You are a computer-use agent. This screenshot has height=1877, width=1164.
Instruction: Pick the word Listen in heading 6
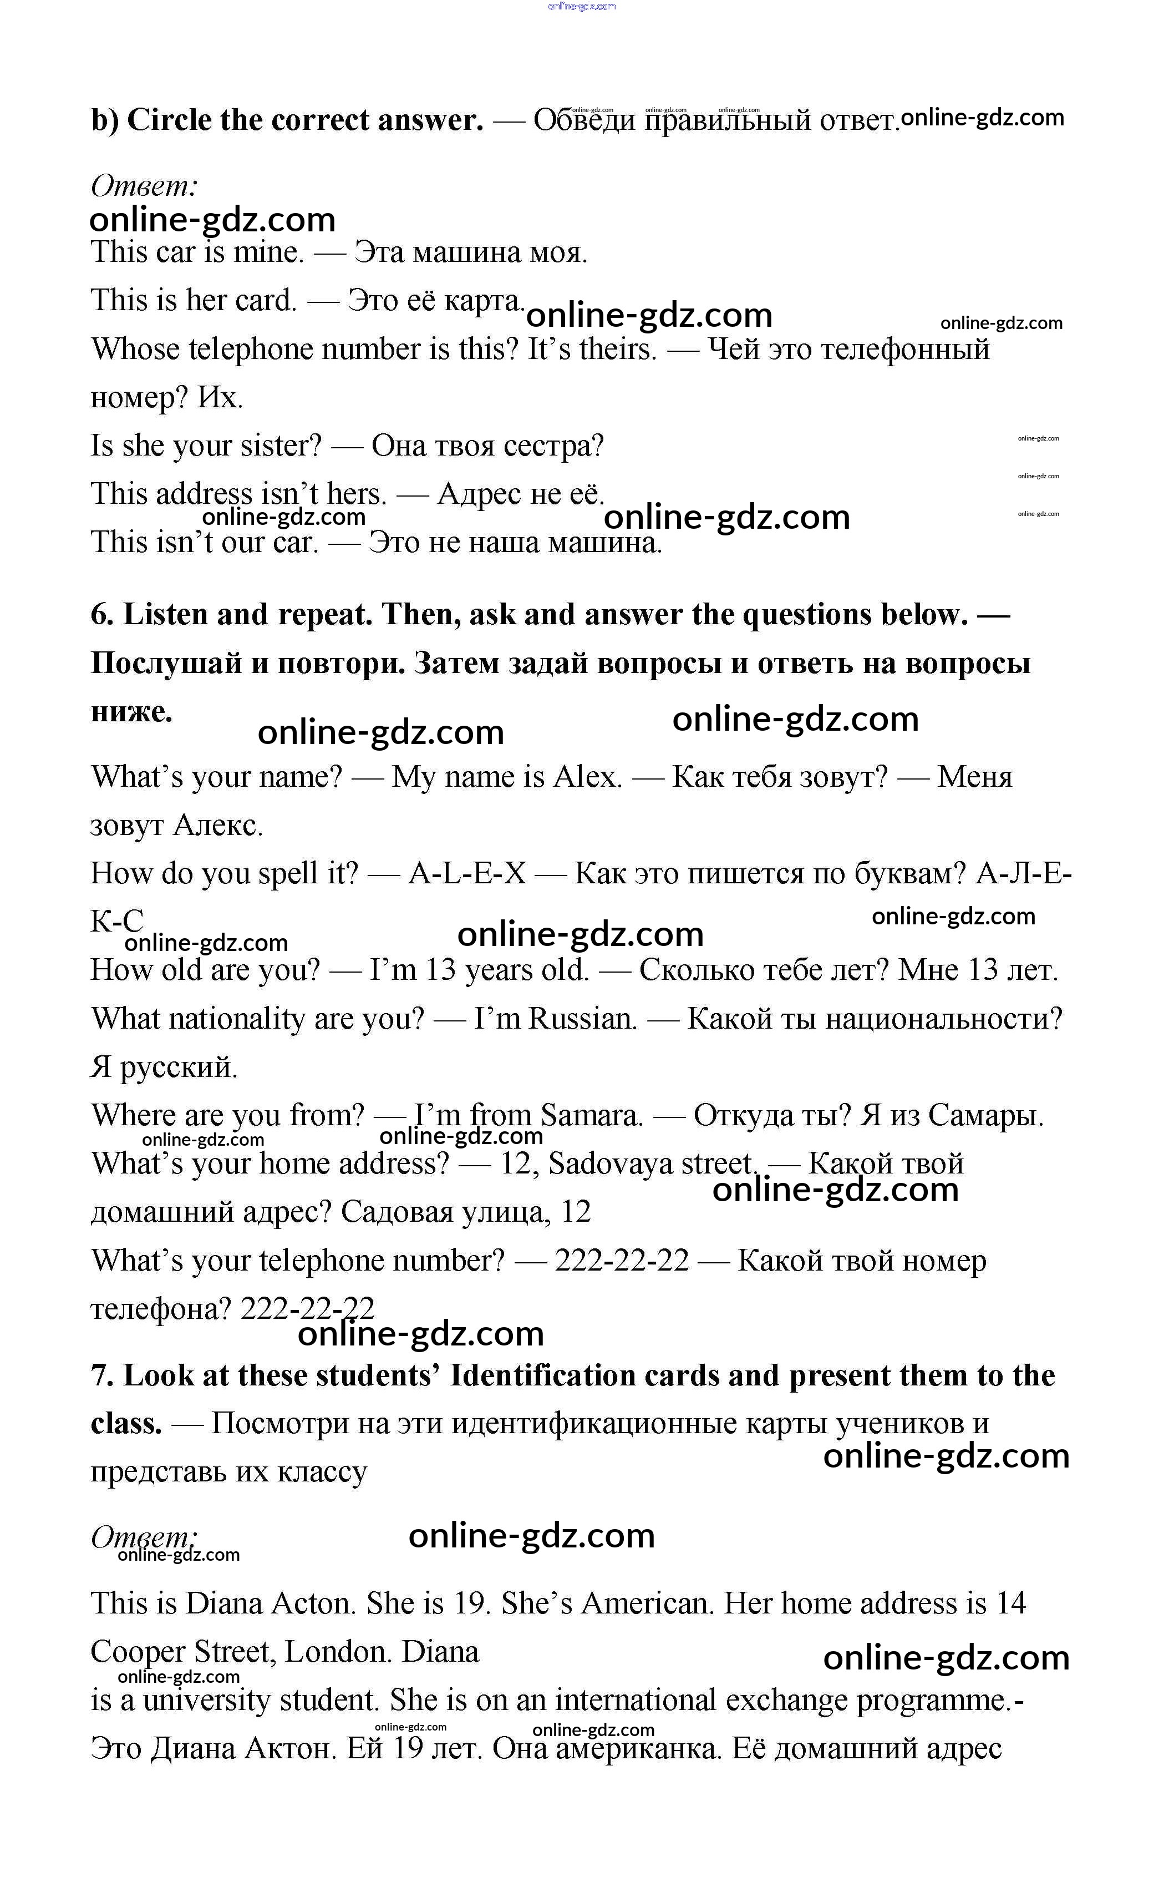click(x=163, y=615)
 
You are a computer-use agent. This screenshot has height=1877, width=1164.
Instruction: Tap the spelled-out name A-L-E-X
click(x=467, y=873)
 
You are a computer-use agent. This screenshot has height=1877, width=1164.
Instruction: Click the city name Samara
click(x=591, y=1115)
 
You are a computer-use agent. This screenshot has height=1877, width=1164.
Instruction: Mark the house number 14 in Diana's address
click(x=1011, y=1603)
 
